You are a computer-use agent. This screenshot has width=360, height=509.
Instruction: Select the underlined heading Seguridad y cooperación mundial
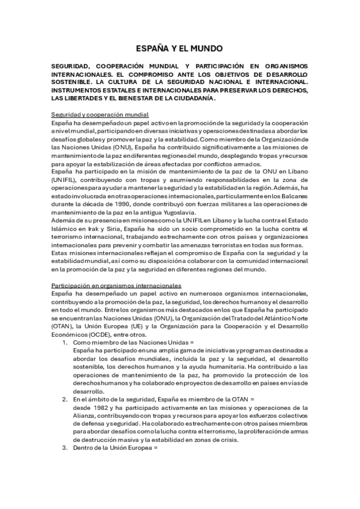pyautogui.click(x=100, y=114)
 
